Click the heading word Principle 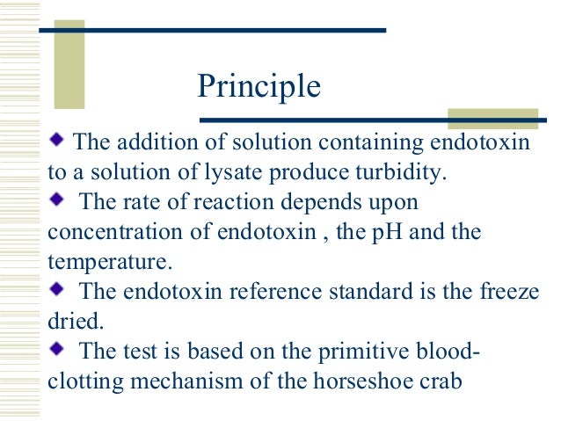pos(259,85)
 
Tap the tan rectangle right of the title pos(492,119)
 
